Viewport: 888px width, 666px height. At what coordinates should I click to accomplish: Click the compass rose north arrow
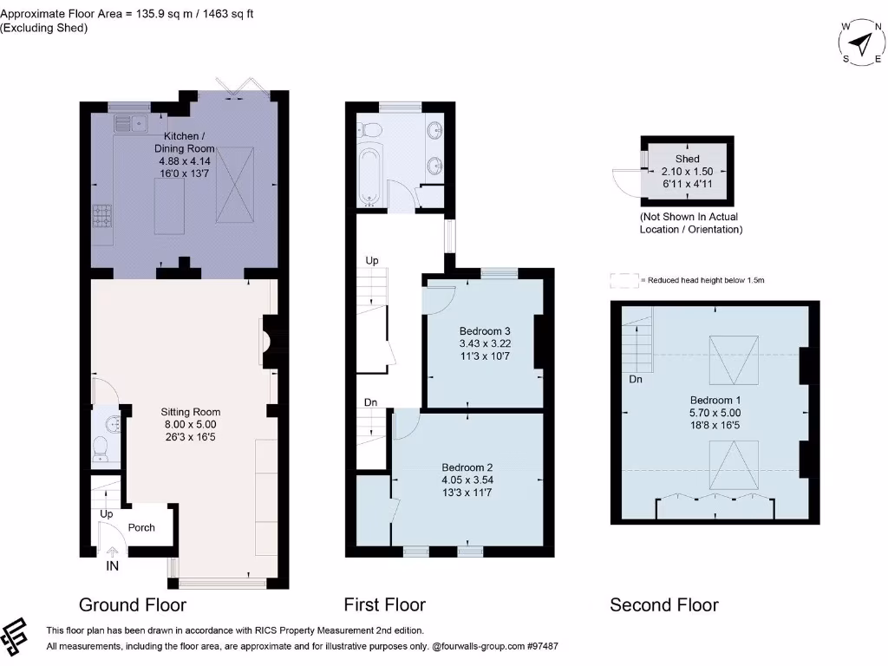(863, 43)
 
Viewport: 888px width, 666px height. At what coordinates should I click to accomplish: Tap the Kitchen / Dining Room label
(185, 142)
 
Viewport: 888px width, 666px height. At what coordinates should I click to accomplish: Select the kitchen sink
(130, 123)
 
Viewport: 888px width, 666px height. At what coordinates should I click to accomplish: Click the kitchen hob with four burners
(102, 216)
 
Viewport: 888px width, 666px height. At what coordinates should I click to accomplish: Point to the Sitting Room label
(190, 412)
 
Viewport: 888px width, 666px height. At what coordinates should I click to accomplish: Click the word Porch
(141, 527)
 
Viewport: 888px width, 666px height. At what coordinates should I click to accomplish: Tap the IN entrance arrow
(112, 551)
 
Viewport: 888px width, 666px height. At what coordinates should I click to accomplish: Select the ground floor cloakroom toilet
(101, 448)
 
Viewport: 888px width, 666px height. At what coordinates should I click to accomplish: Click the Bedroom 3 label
(485, 330)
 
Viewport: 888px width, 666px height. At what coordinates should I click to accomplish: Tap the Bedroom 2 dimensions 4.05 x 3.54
(467, 480)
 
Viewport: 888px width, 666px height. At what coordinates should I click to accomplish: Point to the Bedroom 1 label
(715, 400)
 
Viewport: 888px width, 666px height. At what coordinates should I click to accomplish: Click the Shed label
(687, 159)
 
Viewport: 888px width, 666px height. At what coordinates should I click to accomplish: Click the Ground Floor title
(133, 604)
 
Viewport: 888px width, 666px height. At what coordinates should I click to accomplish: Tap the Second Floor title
(663, 604)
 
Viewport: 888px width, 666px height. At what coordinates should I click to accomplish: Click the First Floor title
(384, 604)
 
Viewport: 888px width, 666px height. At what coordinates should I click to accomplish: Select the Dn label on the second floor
(636, 379)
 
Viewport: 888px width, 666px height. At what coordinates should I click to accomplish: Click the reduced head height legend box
(624, 280)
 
